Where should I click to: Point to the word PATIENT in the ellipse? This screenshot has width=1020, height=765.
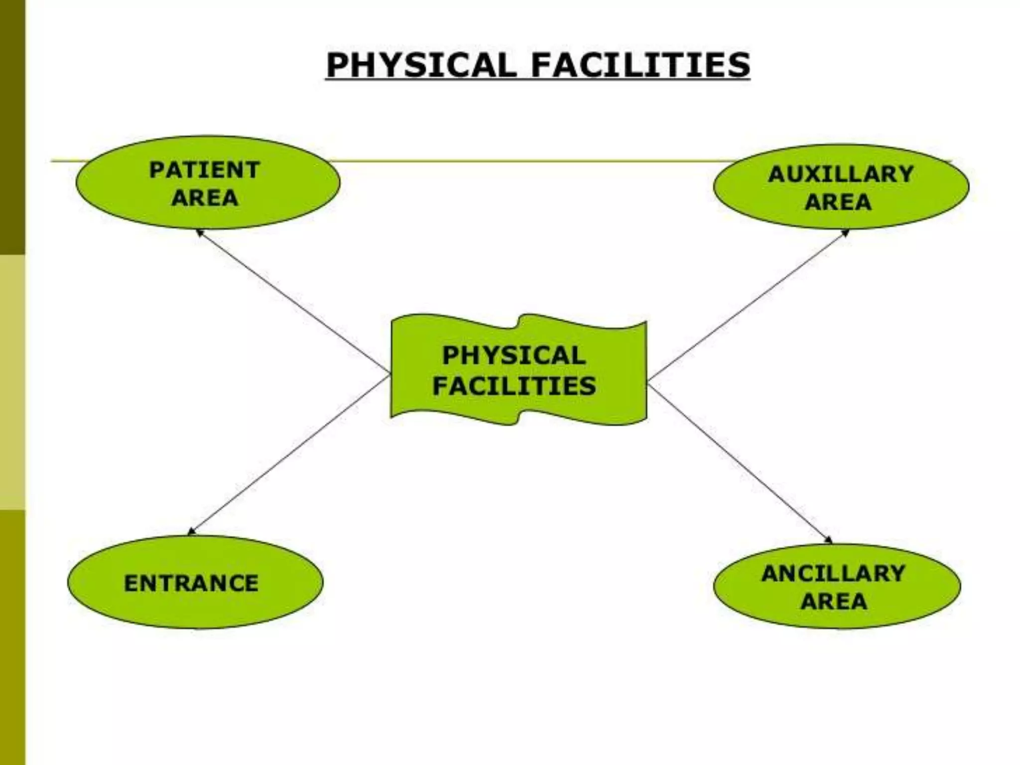pyautogui.click(x=204, y=170)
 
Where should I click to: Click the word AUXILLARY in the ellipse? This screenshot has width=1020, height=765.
pyautogui.click(x=841, y=174)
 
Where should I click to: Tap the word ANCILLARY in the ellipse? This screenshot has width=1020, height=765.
pyautogui.click(x=833, y=574)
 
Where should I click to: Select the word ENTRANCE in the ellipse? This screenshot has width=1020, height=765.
pyautogui.click(x=191, y=583)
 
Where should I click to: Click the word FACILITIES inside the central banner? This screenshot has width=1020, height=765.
pyautogui.click(x=514, y=386)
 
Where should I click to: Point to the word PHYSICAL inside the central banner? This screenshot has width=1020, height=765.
pyautogui.click(x=514, y=356)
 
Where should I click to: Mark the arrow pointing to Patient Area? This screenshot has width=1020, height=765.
pyautogui.click(x=294, y=302)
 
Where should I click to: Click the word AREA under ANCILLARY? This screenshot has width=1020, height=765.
pyautogui.click(x=834, y=602)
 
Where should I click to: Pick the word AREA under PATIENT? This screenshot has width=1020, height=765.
pyautogui.click(x=204, y=198)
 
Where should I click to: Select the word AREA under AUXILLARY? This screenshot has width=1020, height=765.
pyautogui.click(x=838, y=202)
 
